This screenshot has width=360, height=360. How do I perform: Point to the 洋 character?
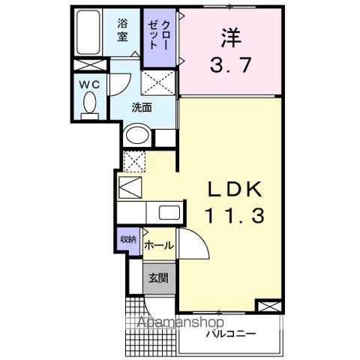(232, 35)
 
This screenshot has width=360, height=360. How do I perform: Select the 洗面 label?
(142, 107)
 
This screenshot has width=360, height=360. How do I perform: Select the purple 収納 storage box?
(128, 240)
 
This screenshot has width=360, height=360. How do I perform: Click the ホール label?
(158, 245)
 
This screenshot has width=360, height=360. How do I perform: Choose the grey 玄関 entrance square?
(159, 277)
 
